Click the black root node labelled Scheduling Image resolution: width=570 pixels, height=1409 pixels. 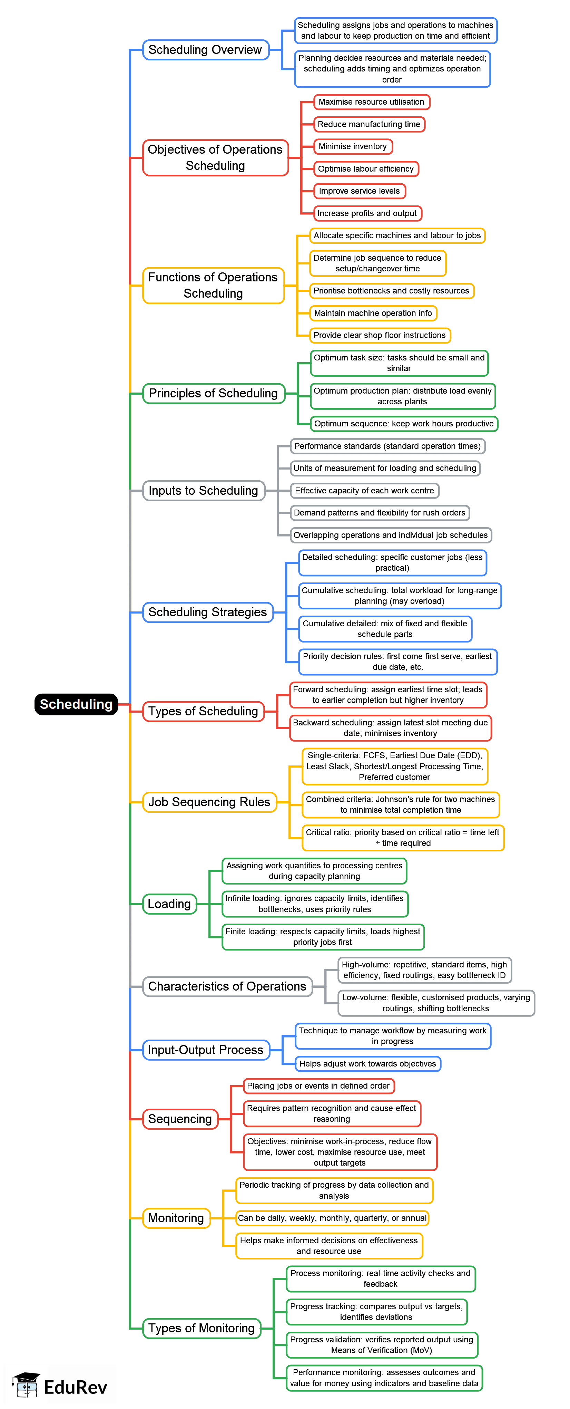[76, 704]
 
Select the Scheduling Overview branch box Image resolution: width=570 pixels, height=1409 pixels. [206, 50]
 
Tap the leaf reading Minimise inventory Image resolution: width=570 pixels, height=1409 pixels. [353, 147]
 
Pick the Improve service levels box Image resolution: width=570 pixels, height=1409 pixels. [359, 191]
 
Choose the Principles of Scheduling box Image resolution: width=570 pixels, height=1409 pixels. [213, 393]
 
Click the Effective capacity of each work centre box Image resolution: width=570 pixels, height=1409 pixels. [364, 491]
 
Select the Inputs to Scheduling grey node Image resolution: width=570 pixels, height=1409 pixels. [203, 491]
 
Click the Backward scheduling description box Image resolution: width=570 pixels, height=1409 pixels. [390, 728]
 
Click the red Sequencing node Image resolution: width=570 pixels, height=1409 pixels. [180, 1119]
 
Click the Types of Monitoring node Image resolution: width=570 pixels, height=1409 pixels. [201, 1328]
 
